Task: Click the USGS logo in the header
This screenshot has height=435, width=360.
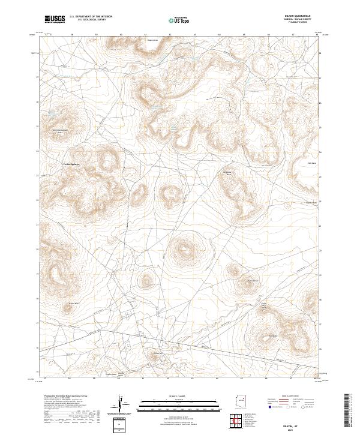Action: (55, 20)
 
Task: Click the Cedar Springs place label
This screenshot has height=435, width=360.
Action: (71, 164)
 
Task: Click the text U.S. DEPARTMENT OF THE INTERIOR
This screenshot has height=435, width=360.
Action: (91, 17)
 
